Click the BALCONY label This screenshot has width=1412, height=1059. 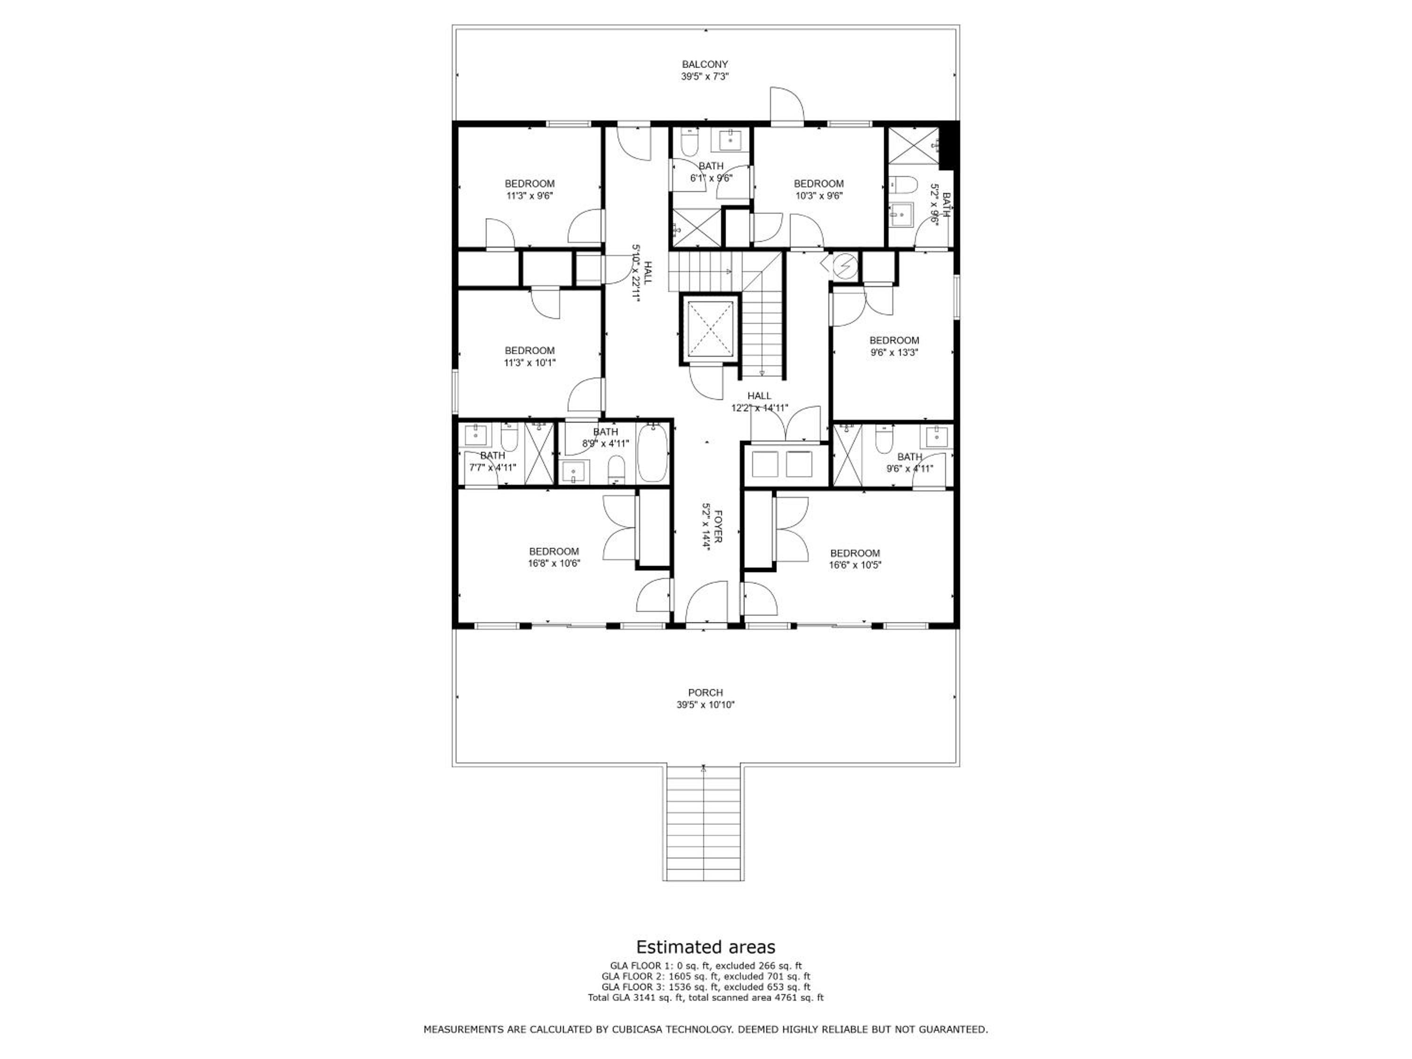pos(705,64)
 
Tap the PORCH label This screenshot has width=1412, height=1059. pos(706,693)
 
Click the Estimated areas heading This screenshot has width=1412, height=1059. pos(706,946)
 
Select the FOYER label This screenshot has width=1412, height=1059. pos(717,527)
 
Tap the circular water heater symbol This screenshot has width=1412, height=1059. pos(844,265)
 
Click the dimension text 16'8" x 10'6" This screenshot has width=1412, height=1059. pos(554,563)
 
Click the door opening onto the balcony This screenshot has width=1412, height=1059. pos(786,104)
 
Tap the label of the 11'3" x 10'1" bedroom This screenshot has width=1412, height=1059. pos(530,351)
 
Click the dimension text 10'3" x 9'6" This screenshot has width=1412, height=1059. pos(818,196)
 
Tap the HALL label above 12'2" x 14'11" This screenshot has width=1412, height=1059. pos(759,396)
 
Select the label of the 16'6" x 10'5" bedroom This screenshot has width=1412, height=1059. pos(855,554)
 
